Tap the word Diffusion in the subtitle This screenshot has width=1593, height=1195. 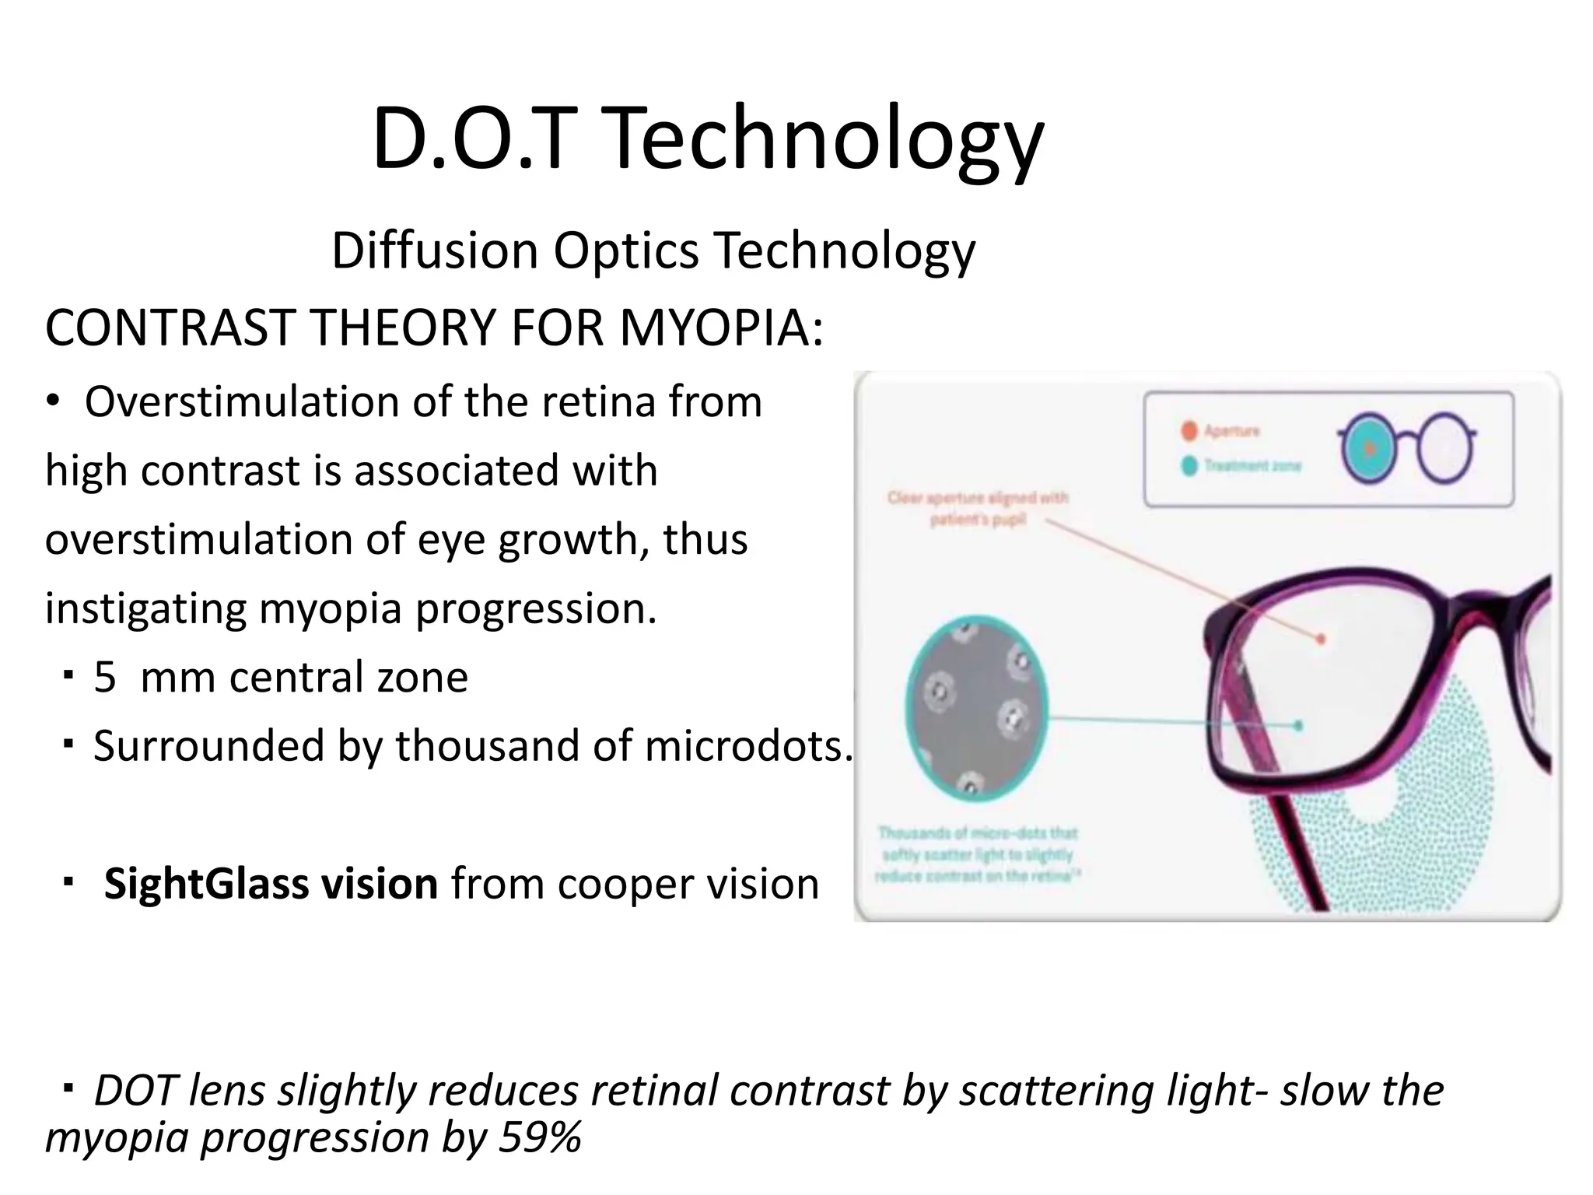pyautogui.click(x=435, y=251)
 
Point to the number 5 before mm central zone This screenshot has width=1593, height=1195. pyautogui.click(x=105, y=677)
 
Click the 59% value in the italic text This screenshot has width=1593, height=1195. pyautogui.click(x=540, y=1137)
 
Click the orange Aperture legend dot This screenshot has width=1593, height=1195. pyautogui.click(x=1189, y=430)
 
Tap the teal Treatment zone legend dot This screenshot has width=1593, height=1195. pyautogui.click(x=1189, y=466)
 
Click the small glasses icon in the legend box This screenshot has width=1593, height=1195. pyautogui.click(x=1406, y=449)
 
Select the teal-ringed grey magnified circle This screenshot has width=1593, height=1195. pyautogui.click(x=977, y=710)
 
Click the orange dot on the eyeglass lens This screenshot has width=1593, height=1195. pyautogui.click(x=1320, y=640)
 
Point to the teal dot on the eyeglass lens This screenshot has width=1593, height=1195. pyautogui.click(x=1298, y=726)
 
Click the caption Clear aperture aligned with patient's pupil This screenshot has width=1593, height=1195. pyautogui.click(x=978, y=508)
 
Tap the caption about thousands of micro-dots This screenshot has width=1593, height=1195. pyautogui.click(x=977, y=854)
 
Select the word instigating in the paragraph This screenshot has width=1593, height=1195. pyautogui.click(x=146, y=609)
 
